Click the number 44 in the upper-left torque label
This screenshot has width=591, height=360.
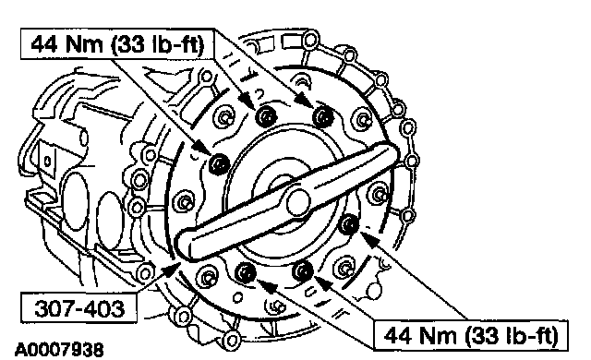(44, 44)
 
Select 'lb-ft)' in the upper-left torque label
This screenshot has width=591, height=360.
(178, 45)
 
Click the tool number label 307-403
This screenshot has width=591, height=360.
(79, 308)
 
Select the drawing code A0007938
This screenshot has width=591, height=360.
(59, 350)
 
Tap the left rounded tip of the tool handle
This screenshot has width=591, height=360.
(184, 246)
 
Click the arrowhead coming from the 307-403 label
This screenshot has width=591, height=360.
(172, 269)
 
